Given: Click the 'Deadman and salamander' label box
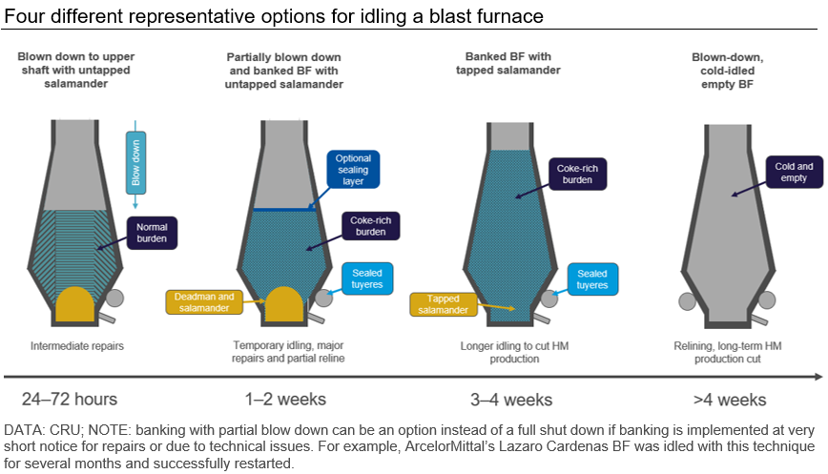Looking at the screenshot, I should [200, 301].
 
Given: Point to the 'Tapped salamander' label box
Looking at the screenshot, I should [445, 303].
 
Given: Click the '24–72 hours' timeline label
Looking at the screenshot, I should [70, 398].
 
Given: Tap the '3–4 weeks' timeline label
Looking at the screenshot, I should [512, 398].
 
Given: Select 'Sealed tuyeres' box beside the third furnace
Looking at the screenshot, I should [592, 278].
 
